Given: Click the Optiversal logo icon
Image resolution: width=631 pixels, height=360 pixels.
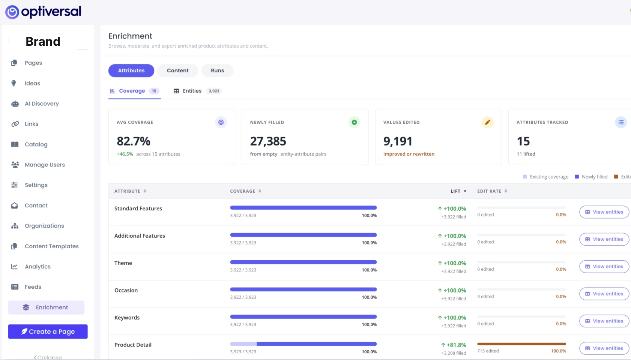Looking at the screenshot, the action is pos(12,12).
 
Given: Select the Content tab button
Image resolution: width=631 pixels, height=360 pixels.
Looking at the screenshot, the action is pos(177,70).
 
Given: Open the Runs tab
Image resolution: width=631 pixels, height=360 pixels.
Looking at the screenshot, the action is pos(217,70).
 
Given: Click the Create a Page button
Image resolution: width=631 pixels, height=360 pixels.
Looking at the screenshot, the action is pos(48,331).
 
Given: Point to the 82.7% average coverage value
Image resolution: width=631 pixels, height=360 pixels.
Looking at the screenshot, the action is pos(134,141).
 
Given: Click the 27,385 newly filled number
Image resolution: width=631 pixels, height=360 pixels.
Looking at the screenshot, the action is pos(268,141).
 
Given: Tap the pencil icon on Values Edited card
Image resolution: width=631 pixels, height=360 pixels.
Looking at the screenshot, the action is pos(487,122).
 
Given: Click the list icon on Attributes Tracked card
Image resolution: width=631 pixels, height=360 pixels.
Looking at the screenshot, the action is pos(621,122).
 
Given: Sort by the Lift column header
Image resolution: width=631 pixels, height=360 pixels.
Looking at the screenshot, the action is pos(458,191).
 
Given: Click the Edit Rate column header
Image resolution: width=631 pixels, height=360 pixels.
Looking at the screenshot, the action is pos(492,191).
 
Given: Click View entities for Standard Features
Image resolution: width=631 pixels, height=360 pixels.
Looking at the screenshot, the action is pos(604,212).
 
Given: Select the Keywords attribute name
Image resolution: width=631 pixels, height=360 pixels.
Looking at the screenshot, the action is pos(127,318).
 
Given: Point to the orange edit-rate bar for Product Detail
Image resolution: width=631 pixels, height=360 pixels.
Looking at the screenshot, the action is pos(521,344).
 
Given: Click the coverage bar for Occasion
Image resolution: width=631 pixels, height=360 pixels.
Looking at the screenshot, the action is pos(303,289).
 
